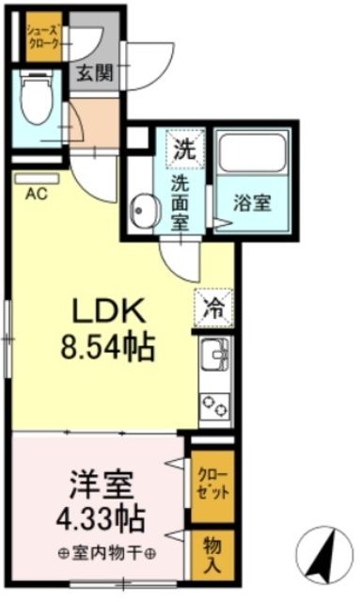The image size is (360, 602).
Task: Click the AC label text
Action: point(36,195)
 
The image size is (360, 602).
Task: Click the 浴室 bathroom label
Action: point(253,201)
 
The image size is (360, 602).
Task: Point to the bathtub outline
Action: point(252,151)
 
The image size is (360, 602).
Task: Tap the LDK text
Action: point(102,311)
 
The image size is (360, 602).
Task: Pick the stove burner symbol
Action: point(215,405)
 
